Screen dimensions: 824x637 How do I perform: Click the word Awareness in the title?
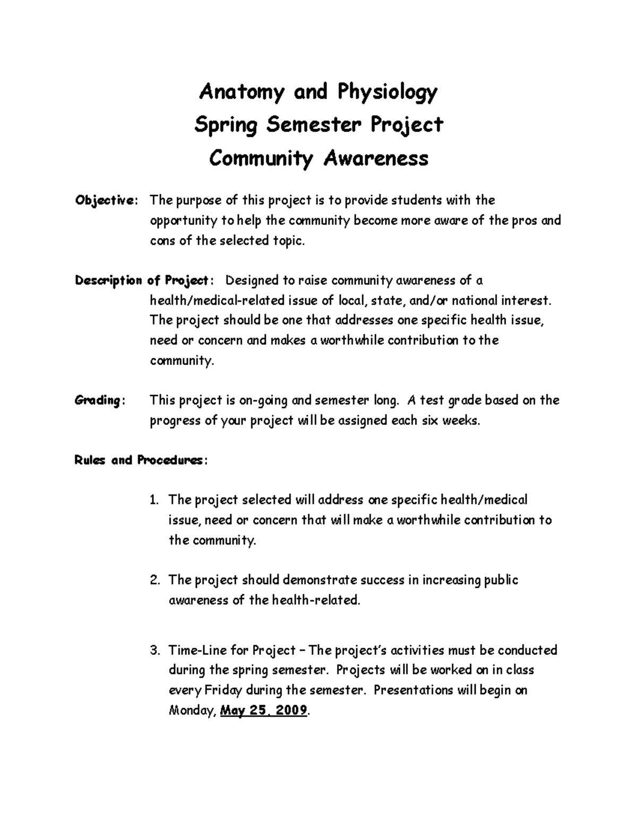(375, 158)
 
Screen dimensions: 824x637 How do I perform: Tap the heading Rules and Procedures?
(138, 461)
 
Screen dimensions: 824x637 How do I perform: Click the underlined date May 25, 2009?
(263, 710)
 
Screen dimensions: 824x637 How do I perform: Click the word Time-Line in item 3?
(193, 650)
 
